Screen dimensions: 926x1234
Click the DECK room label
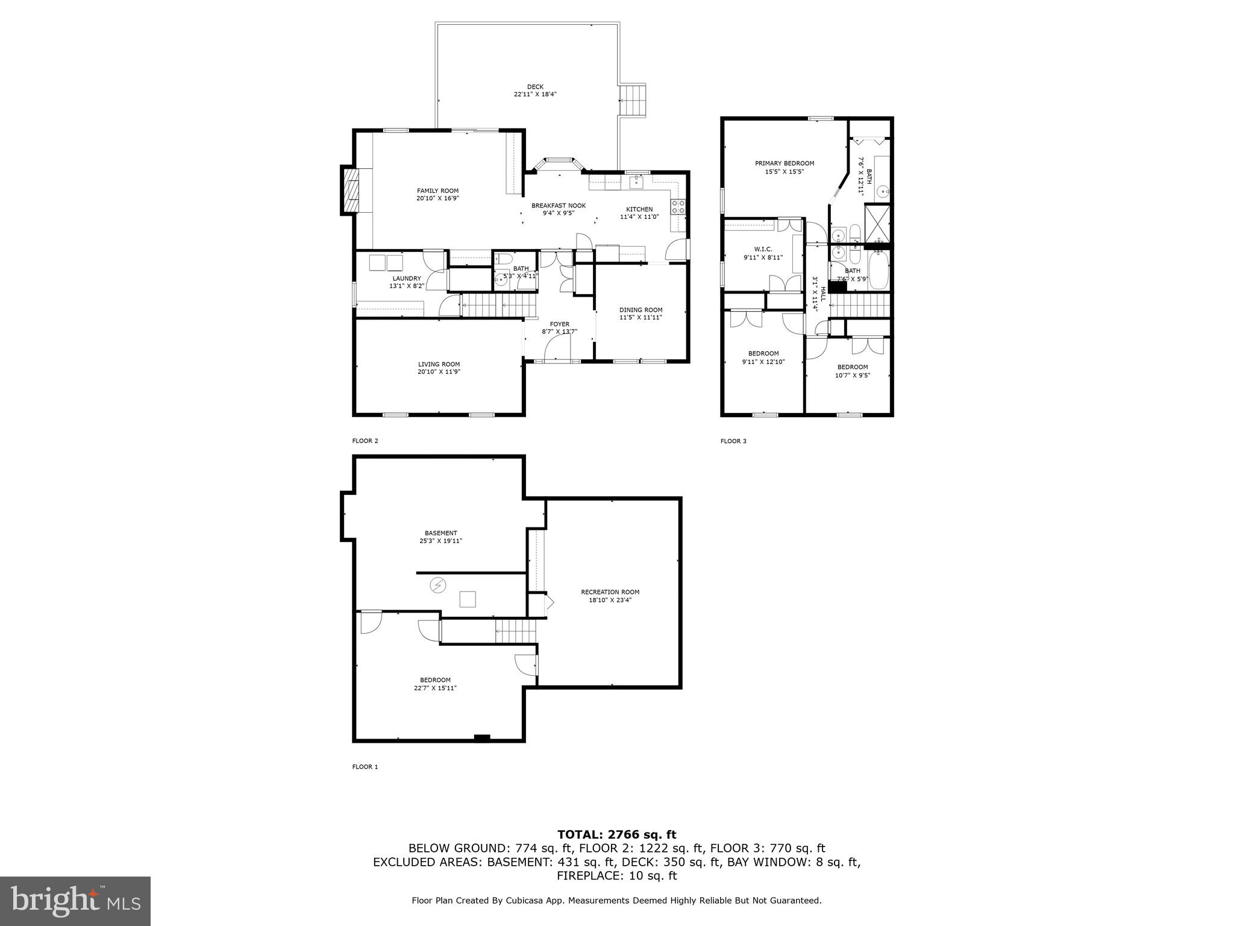pyautogui.click(x=534, y=87)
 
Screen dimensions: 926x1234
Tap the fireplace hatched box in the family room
pyautogui.click(x=350, y=190)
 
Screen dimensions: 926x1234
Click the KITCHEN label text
pyautogui.click(x=639, y=209)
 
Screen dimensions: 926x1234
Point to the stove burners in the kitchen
pyautogui.click(x=678, y=207)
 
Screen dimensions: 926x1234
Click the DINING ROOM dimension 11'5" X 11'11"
pyautogui.click(x=640, y=317)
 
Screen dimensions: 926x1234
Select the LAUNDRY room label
pyautogui.click(x=407, y=279)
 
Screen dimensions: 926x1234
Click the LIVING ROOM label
pyautogui.click(x=439, y=364)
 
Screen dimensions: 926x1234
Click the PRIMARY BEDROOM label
pyautogui.click(x=785, y=163)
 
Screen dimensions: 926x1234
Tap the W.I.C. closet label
pyautogui.click(x=763, y=249)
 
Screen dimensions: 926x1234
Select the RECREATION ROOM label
pyautogui.click(x=610, y=592)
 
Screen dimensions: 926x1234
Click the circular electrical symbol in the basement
pyautogui.click(x=437, y=584)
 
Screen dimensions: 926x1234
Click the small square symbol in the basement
pyautogui.click(x=468, y=599)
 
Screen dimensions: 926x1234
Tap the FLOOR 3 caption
pyautogui.click(x=733, y=441)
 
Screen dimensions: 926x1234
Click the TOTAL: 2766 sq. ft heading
pyautogui.click(x=616, y=835)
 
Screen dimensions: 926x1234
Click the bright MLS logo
pyautogui.click(x=75, y=900)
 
